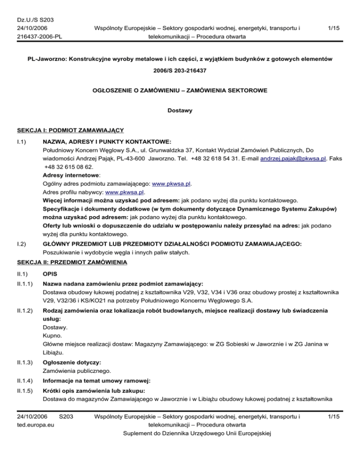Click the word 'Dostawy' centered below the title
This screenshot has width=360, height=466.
(x=180, y=112)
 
